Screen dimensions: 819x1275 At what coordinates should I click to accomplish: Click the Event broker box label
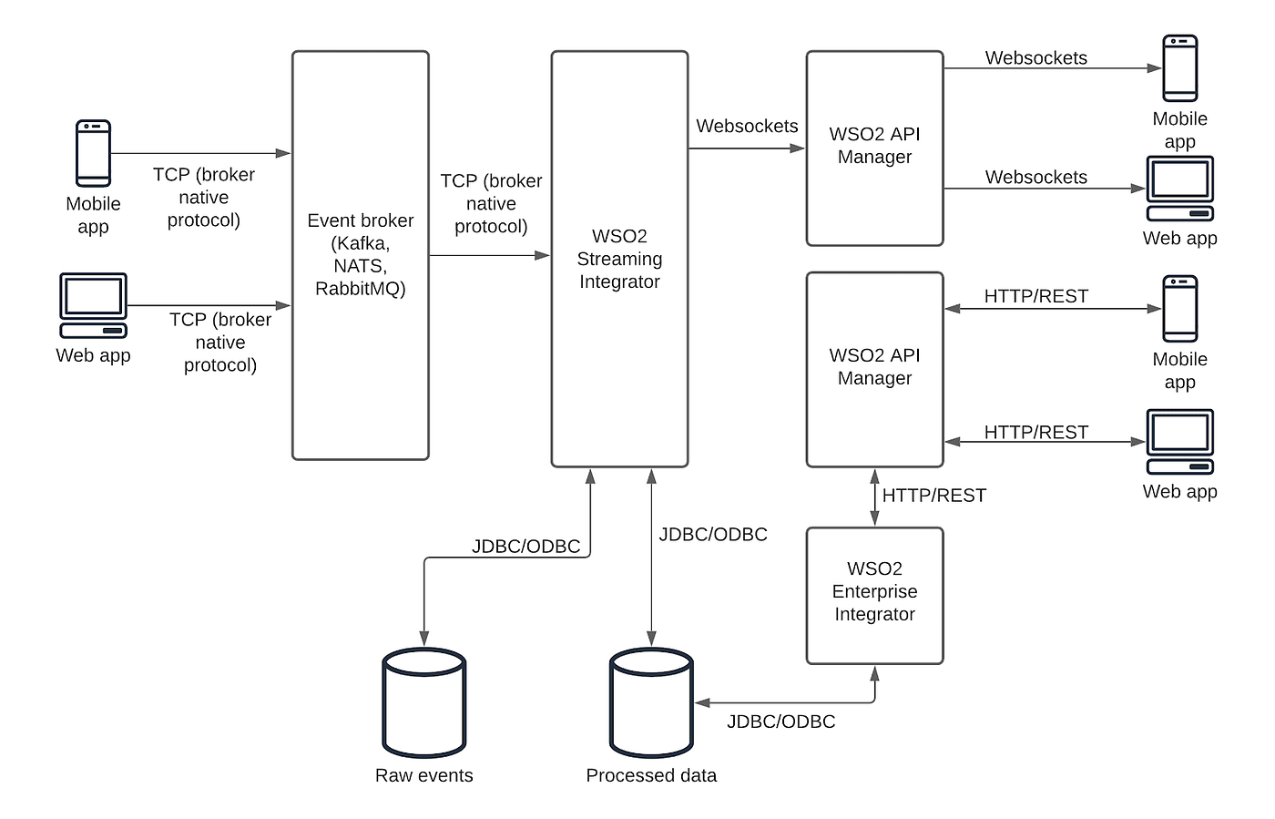coord(360,254)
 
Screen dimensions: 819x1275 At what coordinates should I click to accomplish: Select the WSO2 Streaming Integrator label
coord(619,259)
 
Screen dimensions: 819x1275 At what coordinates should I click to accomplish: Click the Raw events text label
coord(424,775)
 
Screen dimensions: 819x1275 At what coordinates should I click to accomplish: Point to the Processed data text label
coord(651,775)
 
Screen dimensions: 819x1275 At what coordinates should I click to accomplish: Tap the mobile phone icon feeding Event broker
coord(93,153)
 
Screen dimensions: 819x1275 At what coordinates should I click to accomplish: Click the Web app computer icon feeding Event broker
coord(93,305)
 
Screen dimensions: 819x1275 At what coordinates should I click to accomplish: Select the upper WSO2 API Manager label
coord(874,145)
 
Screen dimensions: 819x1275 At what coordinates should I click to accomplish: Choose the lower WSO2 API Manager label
coord(874,366)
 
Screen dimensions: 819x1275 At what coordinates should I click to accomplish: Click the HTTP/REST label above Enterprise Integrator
coord(933,496)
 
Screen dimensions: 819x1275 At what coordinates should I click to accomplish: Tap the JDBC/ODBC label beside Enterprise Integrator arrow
coord(780,722)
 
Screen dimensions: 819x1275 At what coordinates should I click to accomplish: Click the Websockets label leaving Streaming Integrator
coord(747,127)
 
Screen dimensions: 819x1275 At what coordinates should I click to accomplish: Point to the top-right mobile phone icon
coord(1180,68)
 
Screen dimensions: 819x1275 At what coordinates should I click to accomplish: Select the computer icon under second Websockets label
coord(1180,189)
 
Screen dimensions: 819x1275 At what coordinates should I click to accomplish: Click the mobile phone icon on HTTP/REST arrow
coord(1180,309)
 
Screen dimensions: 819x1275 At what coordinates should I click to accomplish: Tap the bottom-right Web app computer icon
coord(1180,442)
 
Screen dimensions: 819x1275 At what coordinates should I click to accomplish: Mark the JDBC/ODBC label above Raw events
coord(525,547)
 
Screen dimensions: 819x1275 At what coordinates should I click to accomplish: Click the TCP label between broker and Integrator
coord(491,204)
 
